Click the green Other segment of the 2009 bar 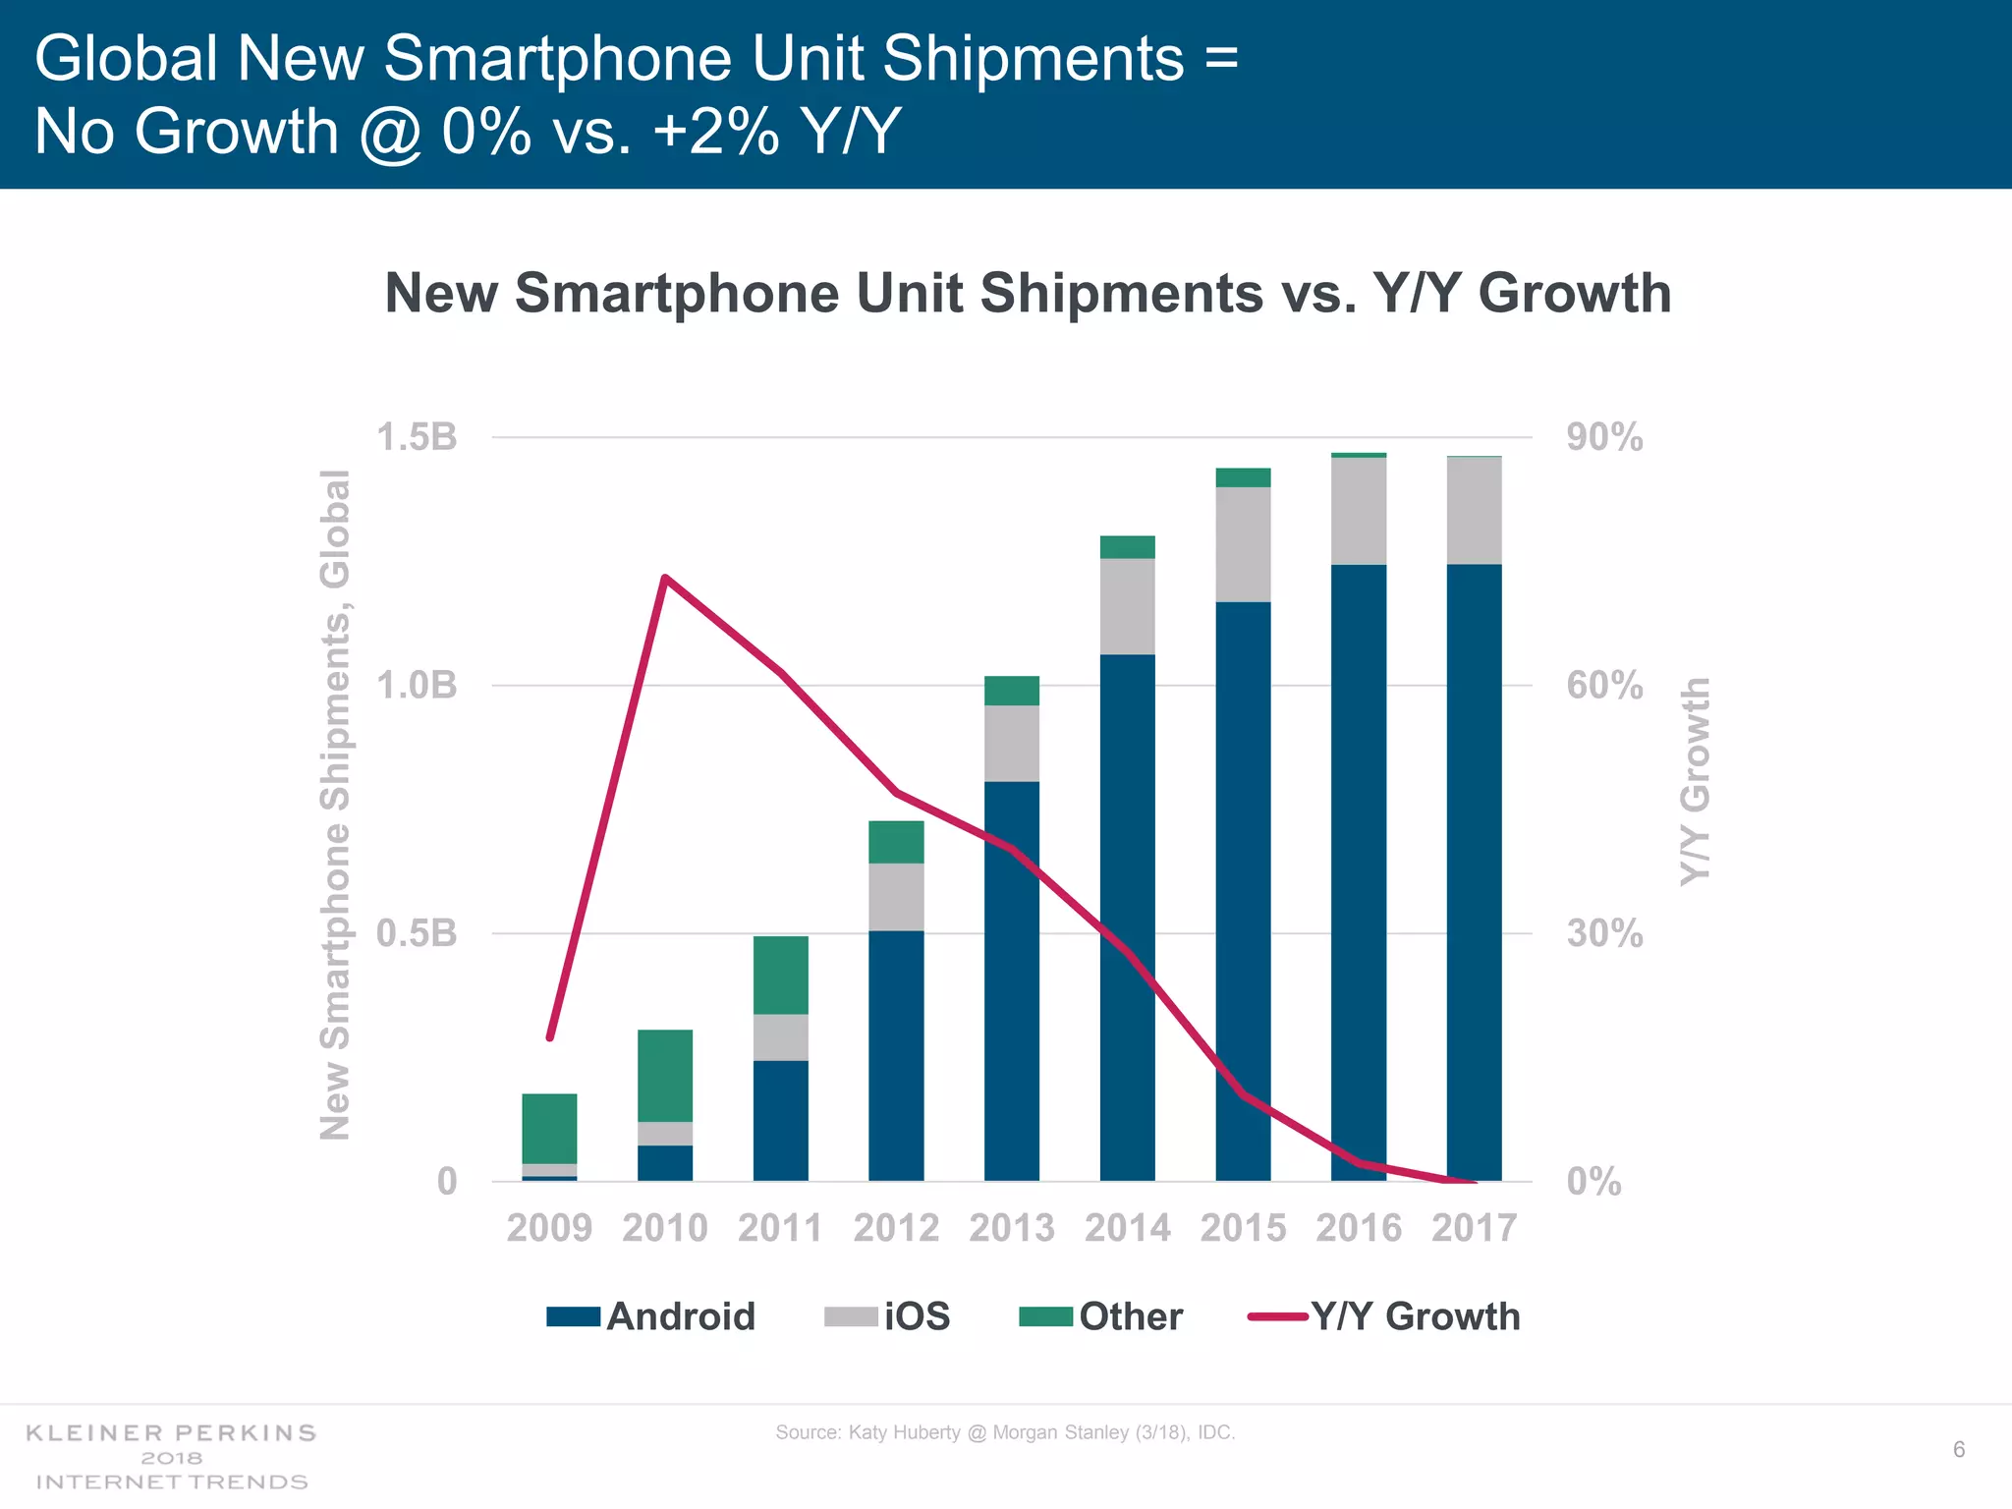(549, 1128)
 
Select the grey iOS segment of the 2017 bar (1474, 511)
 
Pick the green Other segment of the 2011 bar (781, 975)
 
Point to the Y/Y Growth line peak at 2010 (665, 578)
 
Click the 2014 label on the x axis (1127, 1228)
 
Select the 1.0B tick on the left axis (418, 685)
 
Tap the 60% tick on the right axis (1604, 685)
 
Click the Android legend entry (651, 1316)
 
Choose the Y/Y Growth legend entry (1385, 1316)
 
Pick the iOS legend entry (888, 1316)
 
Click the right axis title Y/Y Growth (1695, 781)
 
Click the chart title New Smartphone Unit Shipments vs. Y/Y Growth (1028, 293)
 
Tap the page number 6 (1958, 1450)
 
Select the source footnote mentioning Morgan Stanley (1005, 1432)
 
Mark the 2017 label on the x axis (1474, 1228)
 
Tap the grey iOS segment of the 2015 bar (1243, 544)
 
